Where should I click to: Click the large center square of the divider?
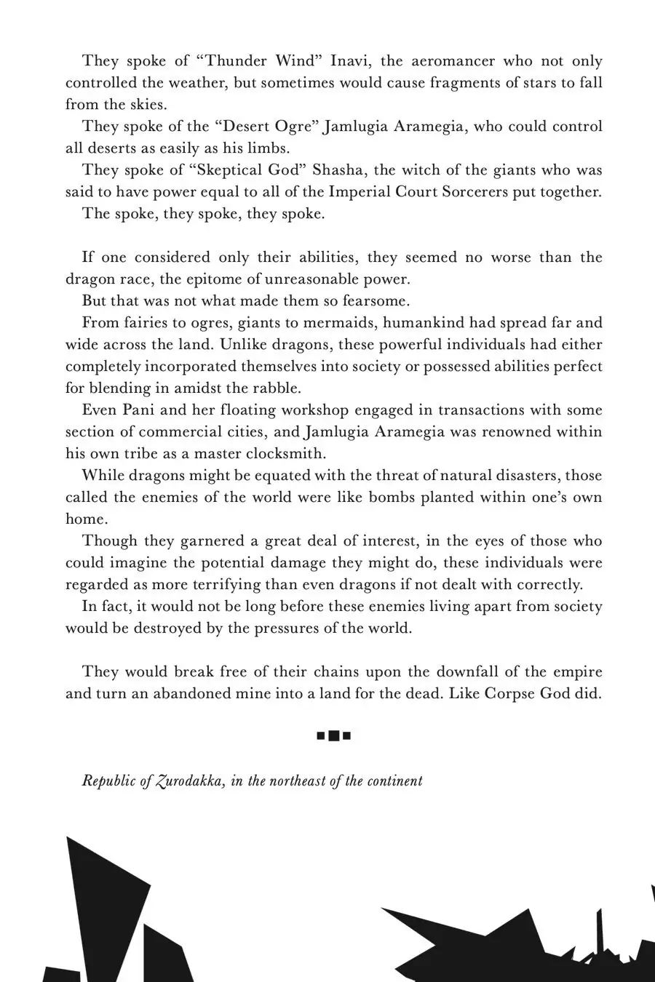[x=334, y=736]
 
